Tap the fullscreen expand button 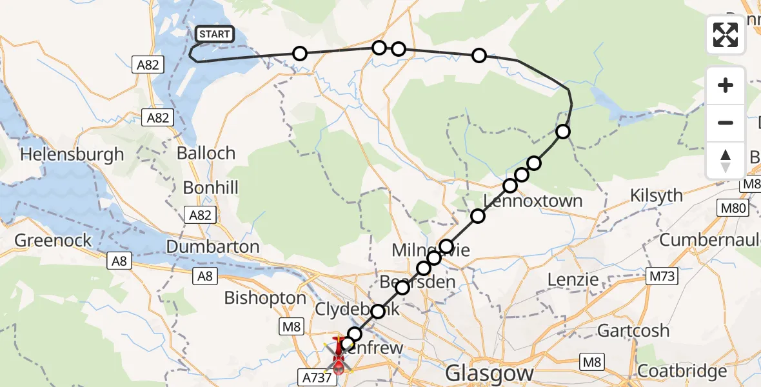[x=726, y=35]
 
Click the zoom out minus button [x=726, y=123]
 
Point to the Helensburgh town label [x=72, y=155]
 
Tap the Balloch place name [x=207, y=154]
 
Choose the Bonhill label [x=211, y=188]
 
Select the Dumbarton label [x=213, y=246]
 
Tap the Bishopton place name [x=265, y=298]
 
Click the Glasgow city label [x=490, y=373]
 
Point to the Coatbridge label [x=682, y=372]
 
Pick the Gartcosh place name [x=633, y=331]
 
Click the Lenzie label [x=573, y=279]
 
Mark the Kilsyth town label [x=657, y=196]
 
